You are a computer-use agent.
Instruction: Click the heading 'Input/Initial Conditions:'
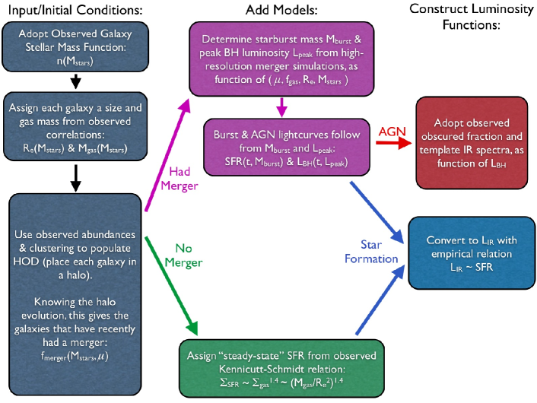pyautogui.click(x=75, y=10)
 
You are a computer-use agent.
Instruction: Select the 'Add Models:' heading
pyautogui.click(x=281, y=10)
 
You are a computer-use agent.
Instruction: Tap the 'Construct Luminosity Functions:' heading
pyautogui.click(x=472, y=17)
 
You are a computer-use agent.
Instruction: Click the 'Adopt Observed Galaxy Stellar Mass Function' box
pyautogui.click(x=75, y=47)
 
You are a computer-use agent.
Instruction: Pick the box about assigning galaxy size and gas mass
pyautogui.click(x=75, y=126)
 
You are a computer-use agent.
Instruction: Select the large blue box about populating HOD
pyautogui.click(x=75, y=294)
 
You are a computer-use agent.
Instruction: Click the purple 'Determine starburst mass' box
pyautogui.click(x=281, y=59)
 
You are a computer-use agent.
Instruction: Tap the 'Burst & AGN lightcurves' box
pyautogui.click(x=287, y=148)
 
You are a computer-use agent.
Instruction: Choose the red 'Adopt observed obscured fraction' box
pyautogui.click(x=472, y=143)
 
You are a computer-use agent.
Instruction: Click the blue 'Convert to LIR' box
pyautogui.click(x=472, y=253)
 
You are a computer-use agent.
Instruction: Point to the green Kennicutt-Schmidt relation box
pyautogui.click(x=281, y=369)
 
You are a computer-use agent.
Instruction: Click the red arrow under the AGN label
pyautogui.click(x=394, y=143)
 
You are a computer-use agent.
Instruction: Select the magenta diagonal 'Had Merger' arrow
pyautogui.click(x=167, y=154)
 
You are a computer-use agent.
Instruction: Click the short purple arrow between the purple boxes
pyautogui.click(x=281, y=107)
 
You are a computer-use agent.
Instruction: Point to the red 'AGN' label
pyautogui.click(x=392, y=131)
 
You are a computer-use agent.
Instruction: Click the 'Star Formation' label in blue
pyautogui.click(x=371, y=252)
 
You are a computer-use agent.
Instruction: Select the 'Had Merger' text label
pyautogui.click(x=180, y=179)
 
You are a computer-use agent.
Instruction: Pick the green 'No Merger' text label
pyautogui.click(x=183, y=255)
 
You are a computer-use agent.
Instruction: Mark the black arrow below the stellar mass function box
pyautogui.click(x=75, y=82)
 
